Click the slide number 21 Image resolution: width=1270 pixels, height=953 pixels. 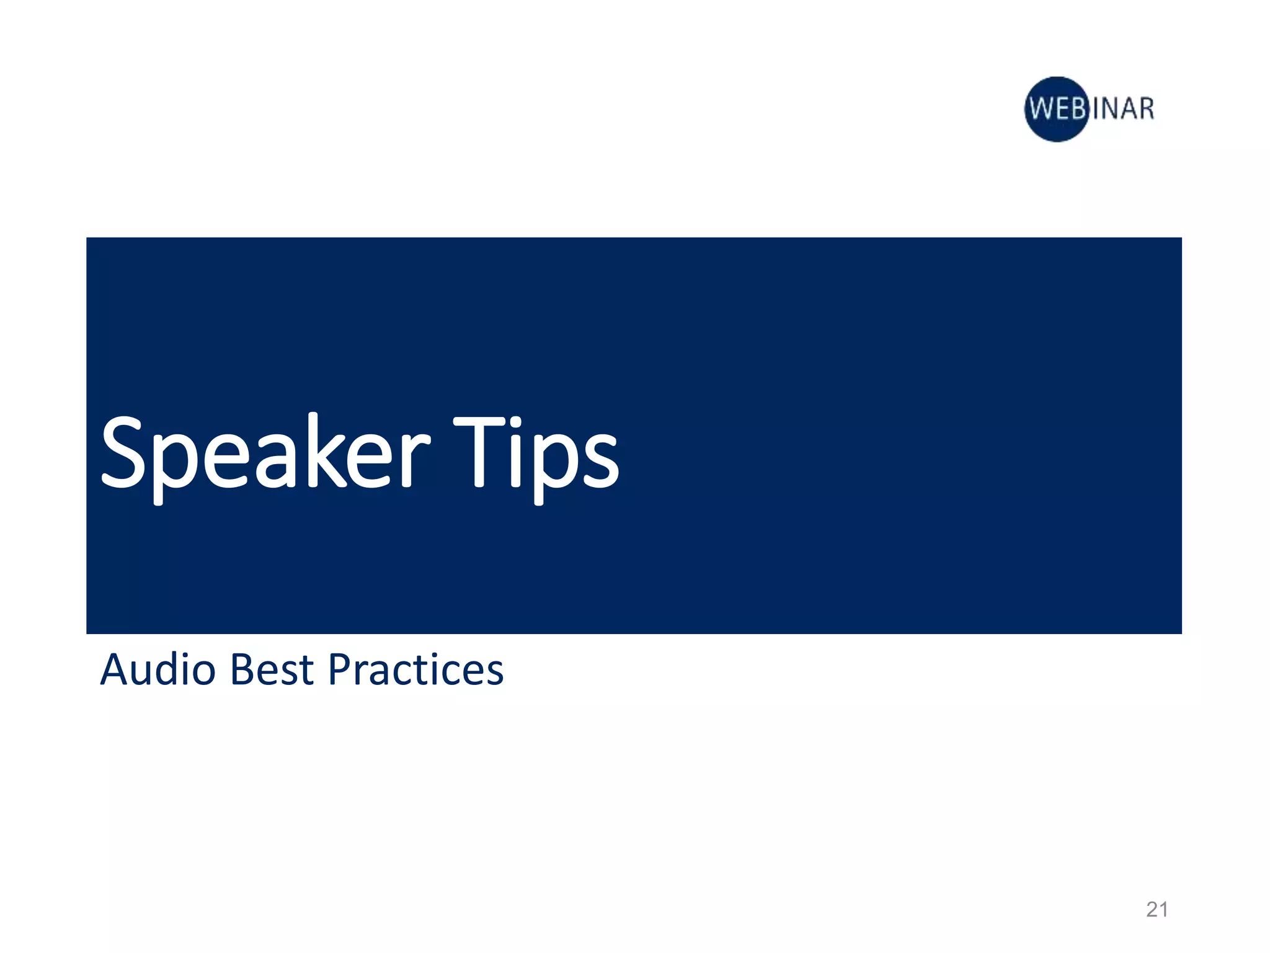point(1157,910)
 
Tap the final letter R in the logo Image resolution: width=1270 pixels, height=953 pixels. point(1146,109)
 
